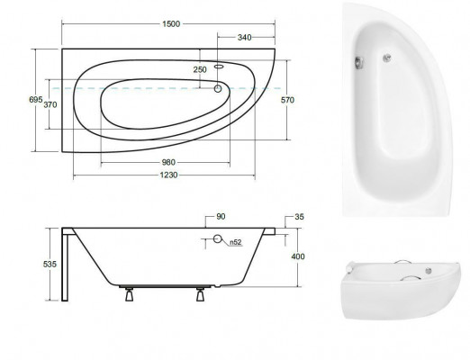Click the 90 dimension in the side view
click(220, 218)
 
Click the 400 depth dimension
click(298, 257)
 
